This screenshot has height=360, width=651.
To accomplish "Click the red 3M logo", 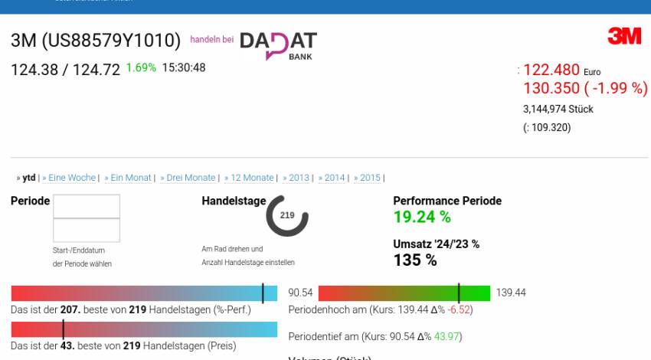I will click(x=624, y=36).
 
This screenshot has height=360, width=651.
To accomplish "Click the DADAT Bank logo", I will click(x=278, y=44).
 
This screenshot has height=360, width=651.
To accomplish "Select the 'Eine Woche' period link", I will click(x=72, y=178).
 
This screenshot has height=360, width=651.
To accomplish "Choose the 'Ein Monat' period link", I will click(x=131, y=178).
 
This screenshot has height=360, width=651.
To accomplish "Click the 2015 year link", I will click(x=370, y=178).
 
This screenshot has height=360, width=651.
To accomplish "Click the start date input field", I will click(x=87, y=206).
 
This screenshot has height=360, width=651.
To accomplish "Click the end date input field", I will click(x=87, y=231).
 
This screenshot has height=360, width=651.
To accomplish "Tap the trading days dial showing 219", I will click(x=287, y=215).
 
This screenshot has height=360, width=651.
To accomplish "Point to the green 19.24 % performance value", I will click(x=422, y=217).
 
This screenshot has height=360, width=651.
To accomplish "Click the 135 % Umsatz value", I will click(x=415, y=260).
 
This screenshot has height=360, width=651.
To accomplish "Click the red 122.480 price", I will click(x=551, y=70).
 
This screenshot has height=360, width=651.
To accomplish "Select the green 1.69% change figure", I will click(x=141, y=67).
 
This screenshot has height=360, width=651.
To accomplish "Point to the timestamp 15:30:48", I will click(x=184, y=67).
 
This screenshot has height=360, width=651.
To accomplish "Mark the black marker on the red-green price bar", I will click(x=459, y=293).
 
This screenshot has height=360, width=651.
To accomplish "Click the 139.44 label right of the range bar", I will click(x=511, y=293).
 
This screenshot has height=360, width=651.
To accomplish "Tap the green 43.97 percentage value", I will click(x=448, y=336).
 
